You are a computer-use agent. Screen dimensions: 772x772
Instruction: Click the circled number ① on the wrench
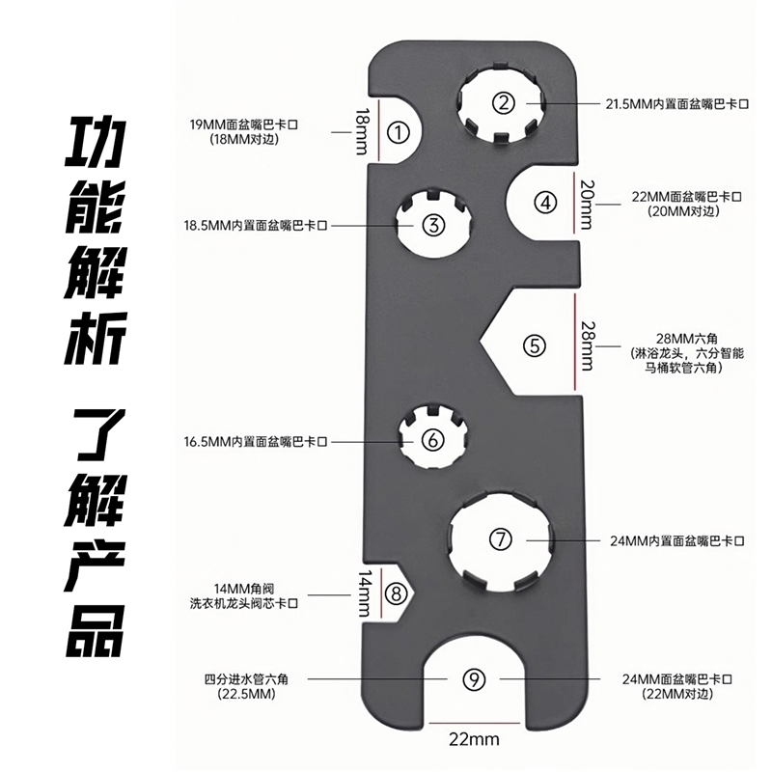click(x=397, y=132)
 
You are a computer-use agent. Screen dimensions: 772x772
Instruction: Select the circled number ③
click(x=433, y=225)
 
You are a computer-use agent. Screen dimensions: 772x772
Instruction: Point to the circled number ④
click(x=547, y=202)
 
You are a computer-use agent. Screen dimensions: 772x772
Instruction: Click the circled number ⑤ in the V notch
click(x=536, y=345)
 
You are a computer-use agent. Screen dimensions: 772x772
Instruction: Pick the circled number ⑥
click(x=433, y=440)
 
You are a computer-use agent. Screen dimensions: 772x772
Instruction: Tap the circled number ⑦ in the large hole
click(x=500, y=539)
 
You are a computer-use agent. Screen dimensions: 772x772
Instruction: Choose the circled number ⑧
click(x=394, y=593)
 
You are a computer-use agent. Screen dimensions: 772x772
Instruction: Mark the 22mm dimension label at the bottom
click(x=473, y=740)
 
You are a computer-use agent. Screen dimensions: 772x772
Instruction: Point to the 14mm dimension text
click(x=363, y=593)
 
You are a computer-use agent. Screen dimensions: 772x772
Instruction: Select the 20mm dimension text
click(x=586, y=203)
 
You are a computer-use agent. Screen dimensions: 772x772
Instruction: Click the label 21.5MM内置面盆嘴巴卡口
click(x=675, y=102)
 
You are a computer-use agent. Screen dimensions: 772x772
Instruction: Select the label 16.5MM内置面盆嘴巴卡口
click(x=256, y=440)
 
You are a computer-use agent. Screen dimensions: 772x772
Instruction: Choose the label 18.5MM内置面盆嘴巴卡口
click(x=256, y=225)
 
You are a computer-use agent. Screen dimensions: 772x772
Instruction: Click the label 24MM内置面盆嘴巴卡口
click(x=679, y=539)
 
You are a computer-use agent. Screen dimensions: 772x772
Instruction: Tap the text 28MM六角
click(x=687, y=336)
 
